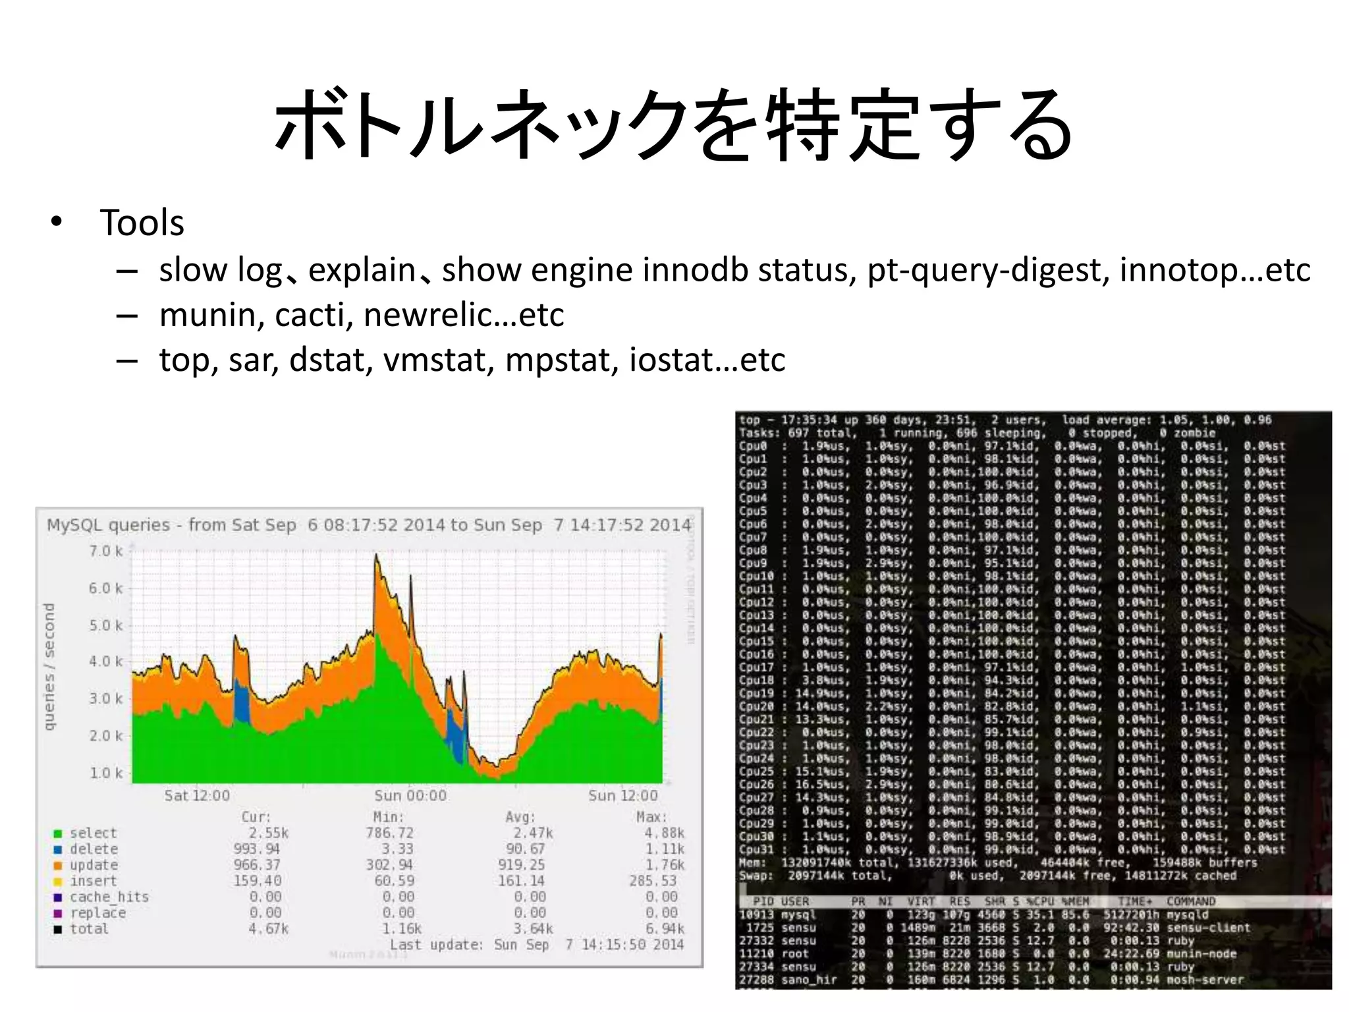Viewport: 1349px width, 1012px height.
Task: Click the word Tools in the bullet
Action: [x=142, y=223]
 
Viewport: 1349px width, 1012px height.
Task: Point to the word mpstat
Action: [x=562, y=360]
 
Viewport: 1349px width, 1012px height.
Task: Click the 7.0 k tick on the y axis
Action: [x=105, y=551]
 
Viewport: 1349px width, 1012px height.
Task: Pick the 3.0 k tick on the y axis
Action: [x=105, y=698]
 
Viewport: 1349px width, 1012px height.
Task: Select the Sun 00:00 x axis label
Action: [x=410, y=795]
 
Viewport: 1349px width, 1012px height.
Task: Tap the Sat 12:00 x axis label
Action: [x=197, y=795]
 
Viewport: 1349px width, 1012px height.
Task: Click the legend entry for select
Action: [x=93, y=833]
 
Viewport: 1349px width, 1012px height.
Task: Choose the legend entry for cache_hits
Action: [x=109, y=897]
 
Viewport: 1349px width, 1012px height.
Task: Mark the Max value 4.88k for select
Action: [x=664, y=833]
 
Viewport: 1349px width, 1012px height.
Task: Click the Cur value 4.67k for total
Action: [x=268, y=929]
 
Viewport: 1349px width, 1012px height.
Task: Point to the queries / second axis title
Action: [x=49, y=667]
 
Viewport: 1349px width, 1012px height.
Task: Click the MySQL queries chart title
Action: [x=369, y=525]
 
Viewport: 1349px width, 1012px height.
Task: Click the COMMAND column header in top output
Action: [x=1191, y=901]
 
